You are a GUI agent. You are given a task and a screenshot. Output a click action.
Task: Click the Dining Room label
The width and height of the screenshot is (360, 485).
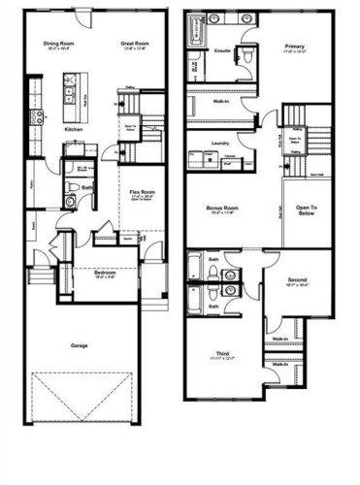pos(59,44)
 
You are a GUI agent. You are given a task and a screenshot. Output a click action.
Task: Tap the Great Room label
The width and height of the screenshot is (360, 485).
pos(133,44)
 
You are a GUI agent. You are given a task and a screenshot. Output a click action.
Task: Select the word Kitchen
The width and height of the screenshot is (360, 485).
pos(73,128)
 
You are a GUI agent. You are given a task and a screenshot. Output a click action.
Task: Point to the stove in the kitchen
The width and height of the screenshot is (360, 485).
pos(37,117)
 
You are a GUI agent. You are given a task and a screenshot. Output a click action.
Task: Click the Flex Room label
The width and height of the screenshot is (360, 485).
pos(137,192)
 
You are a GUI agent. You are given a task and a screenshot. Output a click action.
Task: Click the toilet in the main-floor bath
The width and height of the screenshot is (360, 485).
pos(71,201)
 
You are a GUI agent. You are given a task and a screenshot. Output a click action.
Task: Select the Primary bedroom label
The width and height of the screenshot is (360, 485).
pos(295,46)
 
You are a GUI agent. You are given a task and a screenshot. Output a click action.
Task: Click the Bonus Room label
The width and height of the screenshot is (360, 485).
pos(223,208)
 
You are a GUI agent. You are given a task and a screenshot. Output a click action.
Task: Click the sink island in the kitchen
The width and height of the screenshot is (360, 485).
pos(71,96)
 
